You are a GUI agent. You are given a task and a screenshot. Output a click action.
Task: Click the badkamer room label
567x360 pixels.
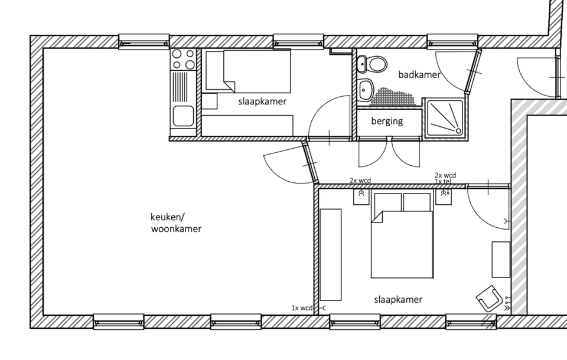[419, 74]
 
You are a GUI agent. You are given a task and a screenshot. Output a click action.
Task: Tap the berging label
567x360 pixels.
[387, 121]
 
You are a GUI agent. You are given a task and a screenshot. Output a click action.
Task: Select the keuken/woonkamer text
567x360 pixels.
[176, 222]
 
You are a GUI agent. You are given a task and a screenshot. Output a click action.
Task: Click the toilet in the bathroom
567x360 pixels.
[372, 64]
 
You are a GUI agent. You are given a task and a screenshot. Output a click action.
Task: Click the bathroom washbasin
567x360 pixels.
[365, 90]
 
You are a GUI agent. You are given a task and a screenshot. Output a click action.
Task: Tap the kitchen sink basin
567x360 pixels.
[183, 116]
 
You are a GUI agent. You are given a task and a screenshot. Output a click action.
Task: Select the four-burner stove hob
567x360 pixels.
[183, 59]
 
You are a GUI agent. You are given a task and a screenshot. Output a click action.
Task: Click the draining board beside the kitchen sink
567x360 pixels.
[183, 87]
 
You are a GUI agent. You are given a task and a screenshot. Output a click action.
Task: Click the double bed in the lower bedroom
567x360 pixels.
[402, 235]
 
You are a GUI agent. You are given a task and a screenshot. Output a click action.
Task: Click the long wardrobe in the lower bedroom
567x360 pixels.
[331, 254]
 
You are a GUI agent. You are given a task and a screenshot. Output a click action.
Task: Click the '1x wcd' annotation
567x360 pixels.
[302, 308]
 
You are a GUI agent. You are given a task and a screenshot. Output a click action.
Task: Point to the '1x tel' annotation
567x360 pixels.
[442, 181]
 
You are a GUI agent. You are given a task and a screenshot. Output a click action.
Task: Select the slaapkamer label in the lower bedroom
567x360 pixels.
[398, 300]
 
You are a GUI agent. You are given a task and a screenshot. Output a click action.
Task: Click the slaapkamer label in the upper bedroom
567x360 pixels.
[262, 102]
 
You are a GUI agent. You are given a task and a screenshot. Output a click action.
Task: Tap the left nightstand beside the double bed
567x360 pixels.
[361, 197]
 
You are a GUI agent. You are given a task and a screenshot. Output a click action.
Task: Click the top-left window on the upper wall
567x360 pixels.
[144, 41]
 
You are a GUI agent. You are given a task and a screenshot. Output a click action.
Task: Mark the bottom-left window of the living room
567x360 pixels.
[119, 321]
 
